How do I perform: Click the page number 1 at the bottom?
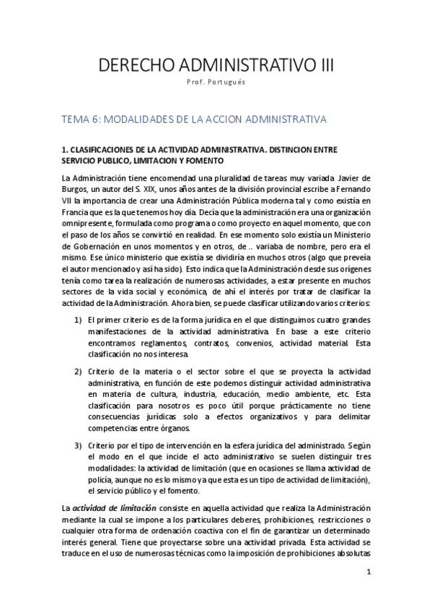tap(368, 572)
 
